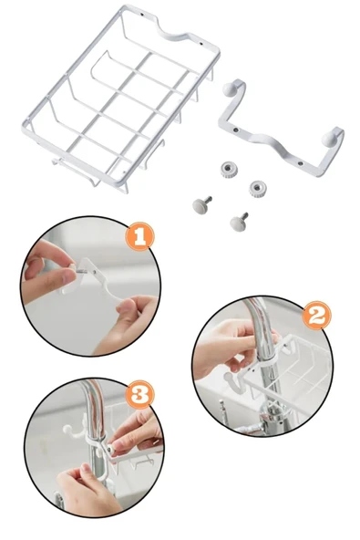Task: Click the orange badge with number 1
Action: pos(138,236)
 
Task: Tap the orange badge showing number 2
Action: pos(316,316)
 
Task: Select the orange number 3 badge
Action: pos(139,394)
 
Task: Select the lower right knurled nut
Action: pos(258,189)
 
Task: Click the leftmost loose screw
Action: pos(201,204)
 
